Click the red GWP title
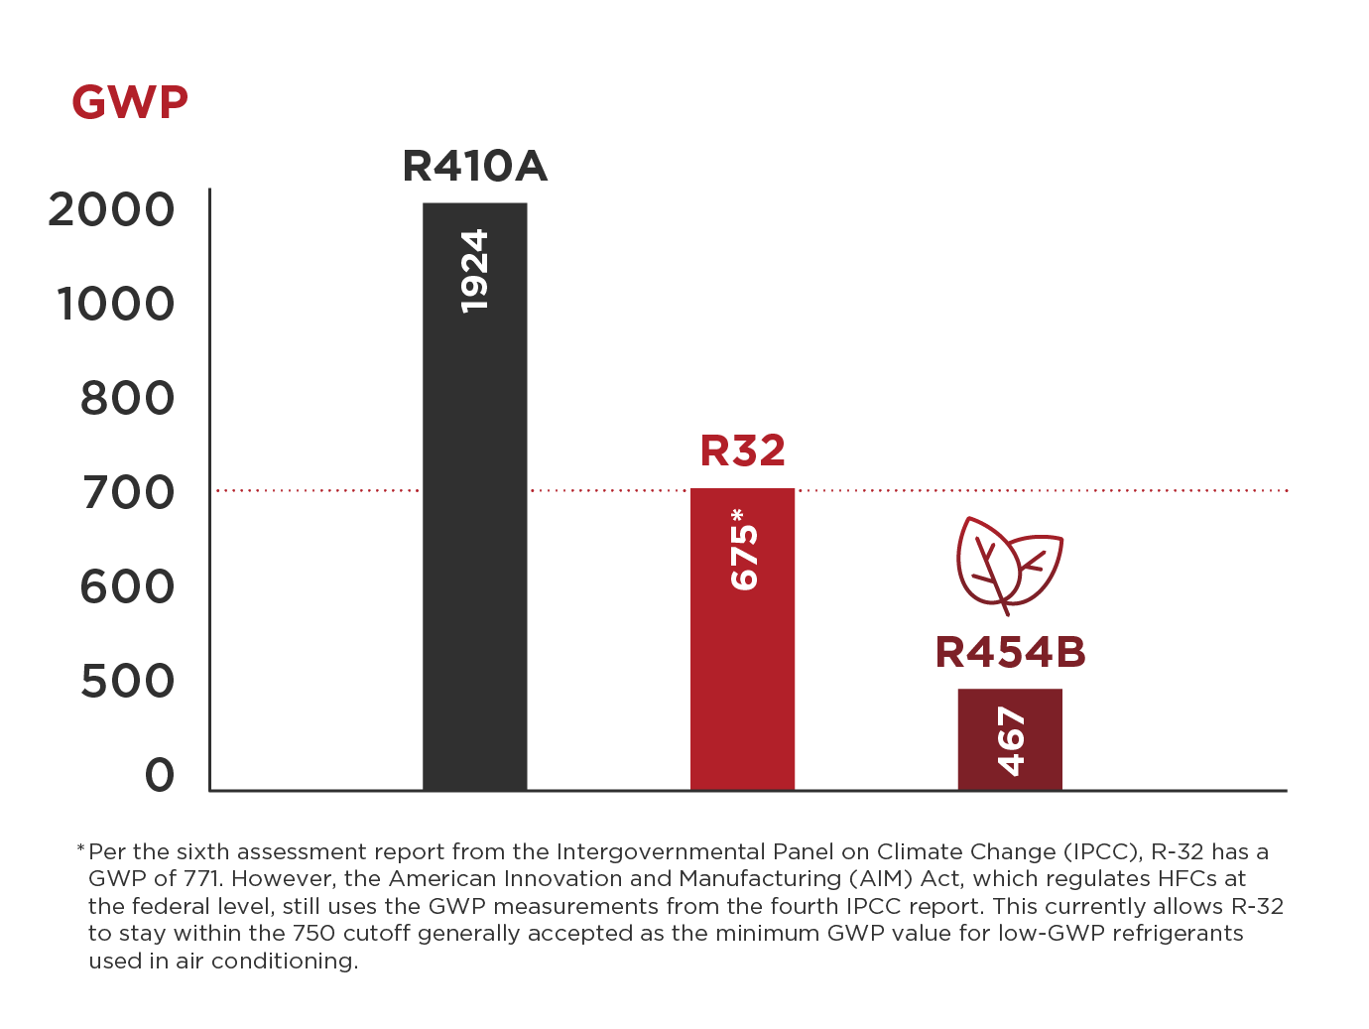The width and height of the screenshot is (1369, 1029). [x=130, y=102]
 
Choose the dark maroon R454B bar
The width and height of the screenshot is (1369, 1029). [x=1009, y=739]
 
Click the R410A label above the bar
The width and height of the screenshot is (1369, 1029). [x=474, y=167]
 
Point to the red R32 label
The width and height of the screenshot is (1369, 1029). [x=742, y=450]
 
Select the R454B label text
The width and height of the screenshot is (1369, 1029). [x=1010, y=653]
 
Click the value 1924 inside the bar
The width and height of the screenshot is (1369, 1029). [x=475, y=271]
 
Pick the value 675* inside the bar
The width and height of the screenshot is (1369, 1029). [x=743, y=550]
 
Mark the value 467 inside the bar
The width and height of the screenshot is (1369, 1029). [x=1010, y=741]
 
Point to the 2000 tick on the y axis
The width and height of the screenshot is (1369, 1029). [x=111, y=210]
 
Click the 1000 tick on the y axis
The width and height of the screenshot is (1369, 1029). [x=115, y=305]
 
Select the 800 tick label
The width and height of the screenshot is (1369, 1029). [x=127, y=399]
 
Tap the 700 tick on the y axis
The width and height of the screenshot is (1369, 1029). [x=128, y=493]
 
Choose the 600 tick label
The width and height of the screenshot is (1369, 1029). [x=127, y=587]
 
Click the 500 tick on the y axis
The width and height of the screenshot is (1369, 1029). [x=127, y=682]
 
